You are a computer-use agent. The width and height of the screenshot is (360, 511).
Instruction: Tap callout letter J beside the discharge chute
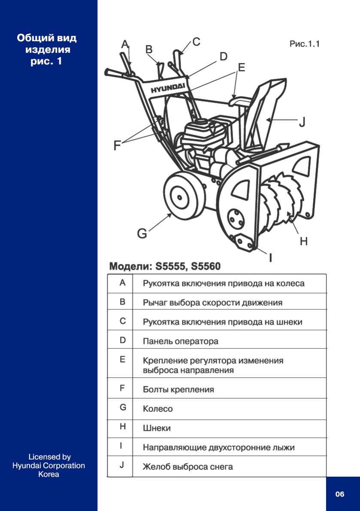(x=302, y=122)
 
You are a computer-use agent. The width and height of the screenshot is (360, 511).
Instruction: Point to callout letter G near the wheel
(x=142, y=234)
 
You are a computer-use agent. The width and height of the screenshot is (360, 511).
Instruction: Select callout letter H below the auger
(x=304, y=242)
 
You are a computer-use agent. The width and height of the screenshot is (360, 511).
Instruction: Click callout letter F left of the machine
(x=117, y=146)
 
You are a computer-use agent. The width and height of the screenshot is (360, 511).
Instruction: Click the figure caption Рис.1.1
(x=305, y=44)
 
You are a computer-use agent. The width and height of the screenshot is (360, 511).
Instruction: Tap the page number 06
(x=340, y=494)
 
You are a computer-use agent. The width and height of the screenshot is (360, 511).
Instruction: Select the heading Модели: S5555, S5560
(x=165, y=266)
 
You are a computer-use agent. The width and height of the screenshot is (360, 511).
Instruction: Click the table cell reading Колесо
(x=158, y=409)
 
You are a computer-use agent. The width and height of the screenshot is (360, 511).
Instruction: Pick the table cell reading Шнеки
(x=157, y=428)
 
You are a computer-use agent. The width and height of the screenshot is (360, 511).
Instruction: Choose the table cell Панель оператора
(x=180, y=342)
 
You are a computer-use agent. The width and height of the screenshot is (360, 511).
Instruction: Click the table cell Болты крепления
(x=178, y=390)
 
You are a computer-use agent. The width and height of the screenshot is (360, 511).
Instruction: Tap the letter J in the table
(x=122, y=465)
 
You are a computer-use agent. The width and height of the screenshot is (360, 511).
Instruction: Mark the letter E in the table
(x=122, y=360)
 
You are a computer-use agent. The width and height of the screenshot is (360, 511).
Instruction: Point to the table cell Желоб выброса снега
(x=188, y=466)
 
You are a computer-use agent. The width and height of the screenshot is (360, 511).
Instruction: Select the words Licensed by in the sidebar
(x=49, y=457)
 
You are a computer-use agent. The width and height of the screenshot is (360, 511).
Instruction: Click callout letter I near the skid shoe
(x=271, y=258)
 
